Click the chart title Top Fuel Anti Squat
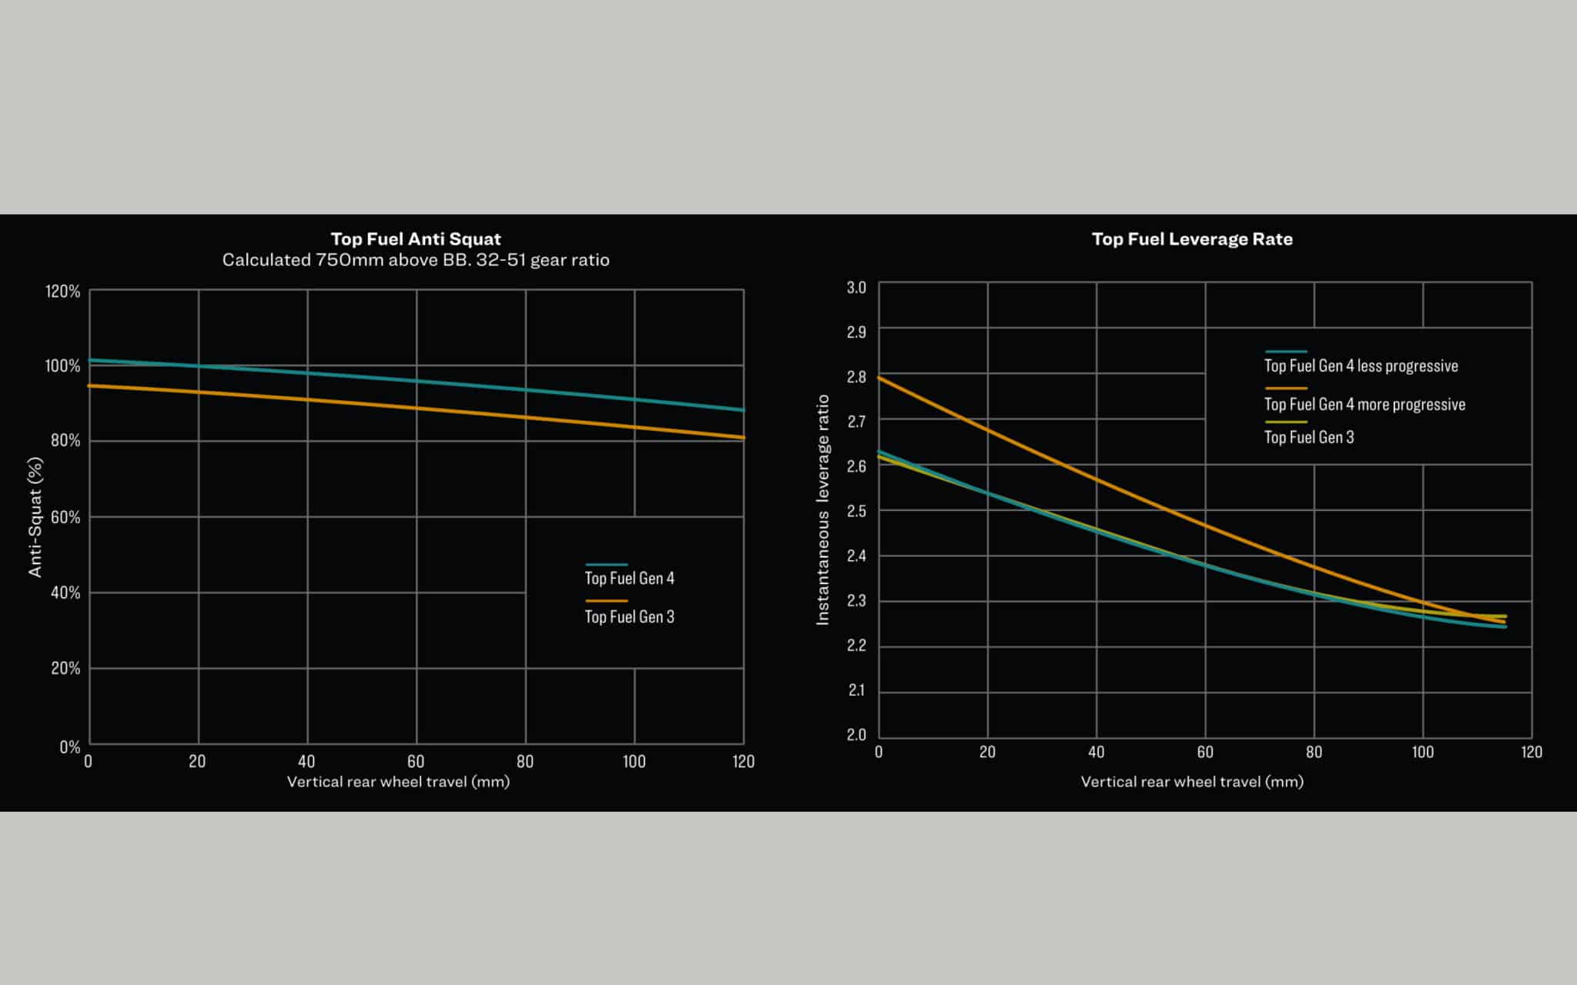point(416,239)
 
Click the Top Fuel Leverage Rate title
point(1192,239)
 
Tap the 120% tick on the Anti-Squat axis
point(62,292)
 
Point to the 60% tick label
point(65,517)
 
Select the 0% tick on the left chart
point(69,746)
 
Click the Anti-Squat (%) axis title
point(35,517)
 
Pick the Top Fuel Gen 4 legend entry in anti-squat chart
point(629,578)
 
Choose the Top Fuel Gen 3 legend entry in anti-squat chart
point(629,616)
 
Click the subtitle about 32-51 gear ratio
point(416,260)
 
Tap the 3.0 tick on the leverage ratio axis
point(856,288)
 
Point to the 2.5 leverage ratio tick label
point(856,511)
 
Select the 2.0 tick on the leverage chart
point(856,735)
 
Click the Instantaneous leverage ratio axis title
point(823,509)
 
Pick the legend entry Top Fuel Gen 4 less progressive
point(1361,366)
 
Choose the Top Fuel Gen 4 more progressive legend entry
point(1364,405)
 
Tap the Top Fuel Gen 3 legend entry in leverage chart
point(1309,437)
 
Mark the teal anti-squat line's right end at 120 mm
point(743,410)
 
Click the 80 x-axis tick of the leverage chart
point(1314,752)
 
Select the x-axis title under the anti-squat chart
point(398,782)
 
